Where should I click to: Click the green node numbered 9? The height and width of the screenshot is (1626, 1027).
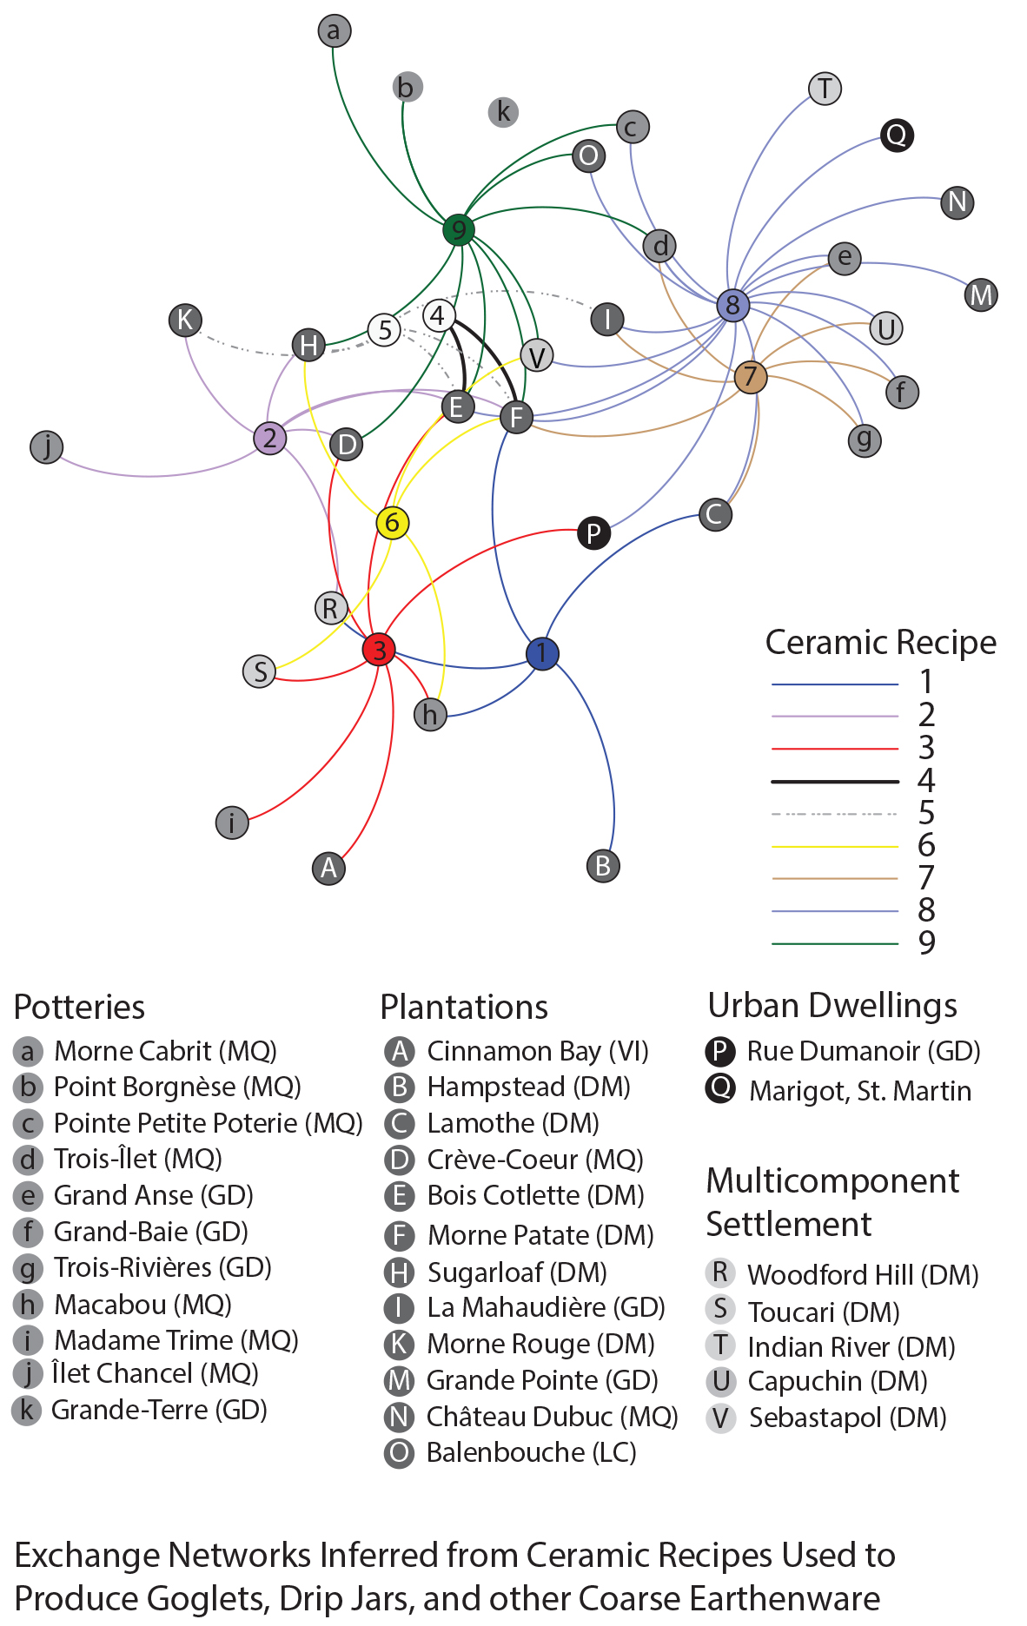point(458,230)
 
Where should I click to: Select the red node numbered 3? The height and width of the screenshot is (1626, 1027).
point(379,649)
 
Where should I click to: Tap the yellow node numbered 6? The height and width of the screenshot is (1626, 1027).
point(392,523)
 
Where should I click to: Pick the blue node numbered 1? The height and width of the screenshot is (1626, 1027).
point(541,653)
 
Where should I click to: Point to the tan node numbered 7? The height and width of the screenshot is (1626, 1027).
point(750,377)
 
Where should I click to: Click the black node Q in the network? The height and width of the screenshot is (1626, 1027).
point(896,135)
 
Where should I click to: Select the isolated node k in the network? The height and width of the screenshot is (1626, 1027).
point(503,112)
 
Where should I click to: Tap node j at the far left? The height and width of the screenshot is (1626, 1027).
point(47,447)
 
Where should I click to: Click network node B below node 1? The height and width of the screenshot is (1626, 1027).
point(603,866)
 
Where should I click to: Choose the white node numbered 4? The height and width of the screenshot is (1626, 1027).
point(438,315)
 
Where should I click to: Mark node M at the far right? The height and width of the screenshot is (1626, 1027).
point(981,294)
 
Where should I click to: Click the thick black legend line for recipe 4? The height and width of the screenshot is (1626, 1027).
point(834,782)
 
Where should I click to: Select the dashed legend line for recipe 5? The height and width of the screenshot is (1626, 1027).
point(834,814)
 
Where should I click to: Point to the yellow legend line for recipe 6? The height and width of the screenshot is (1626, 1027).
point(834,846)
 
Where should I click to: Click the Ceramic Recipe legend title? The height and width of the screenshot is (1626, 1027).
point(880,643)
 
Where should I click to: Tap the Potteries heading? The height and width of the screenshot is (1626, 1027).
point(80,1008)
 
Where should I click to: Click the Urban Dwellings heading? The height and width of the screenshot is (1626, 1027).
point(832,1006)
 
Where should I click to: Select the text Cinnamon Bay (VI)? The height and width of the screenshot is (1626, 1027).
point(538,1052)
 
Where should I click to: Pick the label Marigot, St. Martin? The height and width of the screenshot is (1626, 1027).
point(860,1091)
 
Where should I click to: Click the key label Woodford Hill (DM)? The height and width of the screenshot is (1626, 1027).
point(863,1275)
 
